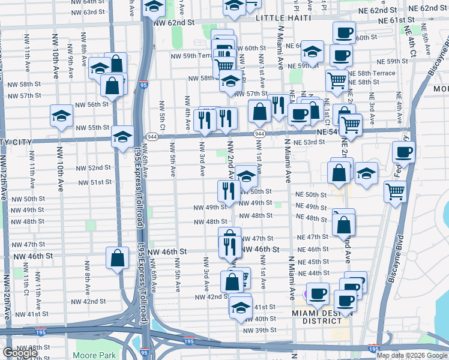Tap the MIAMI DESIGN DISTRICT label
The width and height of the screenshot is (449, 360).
point(318,317)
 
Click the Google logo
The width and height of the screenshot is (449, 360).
point(20,353)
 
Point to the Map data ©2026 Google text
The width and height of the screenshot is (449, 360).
point(412,355)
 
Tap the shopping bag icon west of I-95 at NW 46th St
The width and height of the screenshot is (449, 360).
point(118,258)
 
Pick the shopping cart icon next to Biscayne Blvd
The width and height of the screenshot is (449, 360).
point(395,191)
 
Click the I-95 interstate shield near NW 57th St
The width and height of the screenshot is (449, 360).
point(143,86)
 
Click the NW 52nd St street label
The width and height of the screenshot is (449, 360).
point(91,168)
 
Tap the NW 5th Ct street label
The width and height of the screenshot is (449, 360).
point(162,114)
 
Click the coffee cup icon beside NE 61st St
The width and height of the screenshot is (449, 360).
point(344,32)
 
